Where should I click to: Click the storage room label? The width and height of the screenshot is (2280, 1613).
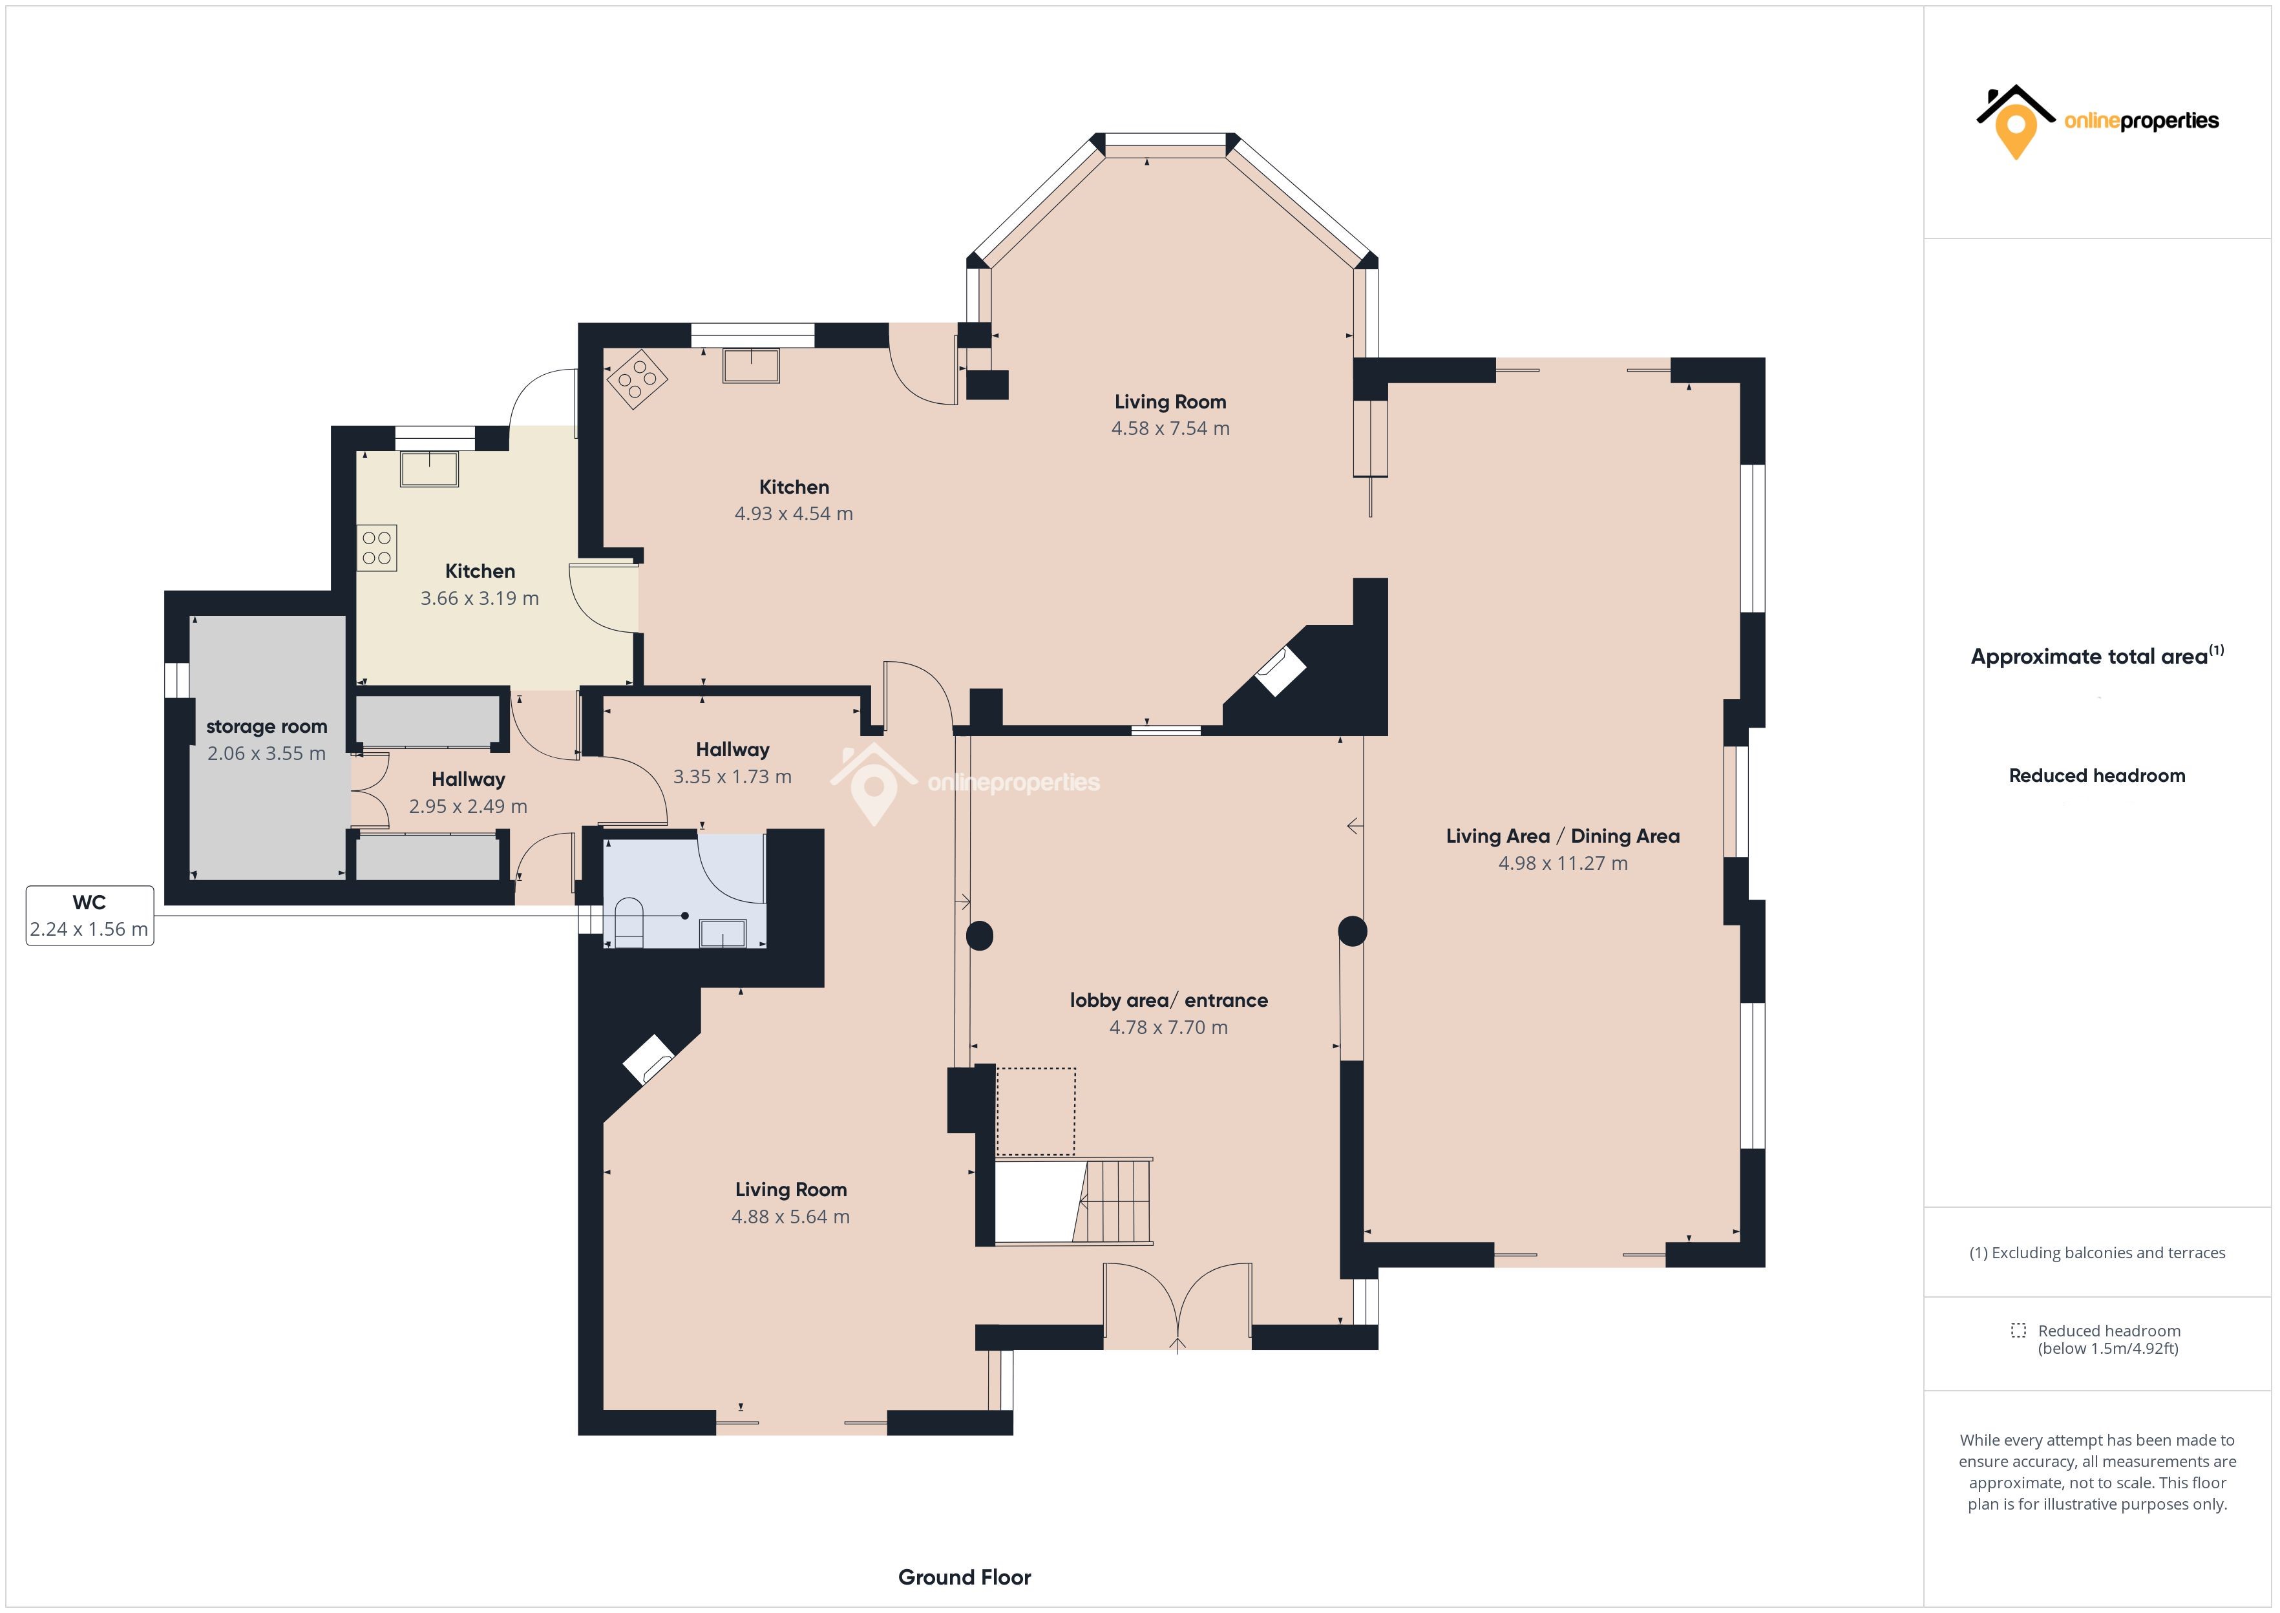pos(266,727)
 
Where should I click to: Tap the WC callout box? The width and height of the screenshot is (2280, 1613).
pos(89,916)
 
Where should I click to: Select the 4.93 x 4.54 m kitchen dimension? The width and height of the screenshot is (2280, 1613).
pos(794,514)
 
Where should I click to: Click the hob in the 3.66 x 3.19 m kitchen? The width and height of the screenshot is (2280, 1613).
pos(377,548)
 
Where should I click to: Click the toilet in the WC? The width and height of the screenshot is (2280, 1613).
pos(629,923)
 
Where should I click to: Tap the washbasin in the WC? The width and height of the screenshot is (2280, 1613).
pos(723,934)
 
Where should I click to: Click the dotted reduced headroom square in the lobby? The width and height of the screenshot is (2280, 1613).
pos(1036,1112)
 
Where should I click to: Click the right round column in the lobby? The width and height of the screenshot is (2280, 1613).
pos(1353,932)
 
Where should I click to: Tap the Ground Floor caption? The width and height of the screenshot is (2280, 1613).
pos(964,1577)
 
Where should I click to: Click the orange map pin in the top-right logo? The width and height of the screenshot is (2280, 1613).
pos(2016,133)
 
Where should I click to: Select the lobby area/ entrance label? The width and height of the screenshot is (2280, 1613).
pos(1169,1000)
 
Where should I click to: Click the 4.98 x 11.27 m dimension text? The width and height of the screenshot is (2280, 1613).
pos(1563,863)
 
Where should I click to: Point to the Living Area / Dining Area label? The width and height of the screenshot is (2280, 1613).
pos(1563,836)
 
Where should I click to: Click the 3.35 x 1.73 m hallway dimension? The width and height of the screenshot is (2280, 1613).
pos(733,777)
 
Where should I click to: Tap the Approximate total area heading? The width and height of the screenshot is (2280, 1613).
pos(2097,655)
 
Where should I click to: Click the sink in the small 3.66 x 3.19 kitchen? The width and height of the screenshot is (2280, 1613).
pos(429,469)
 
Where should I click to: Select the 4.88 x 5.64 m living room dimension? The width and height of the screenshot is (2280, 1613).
pos(790,1217)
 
